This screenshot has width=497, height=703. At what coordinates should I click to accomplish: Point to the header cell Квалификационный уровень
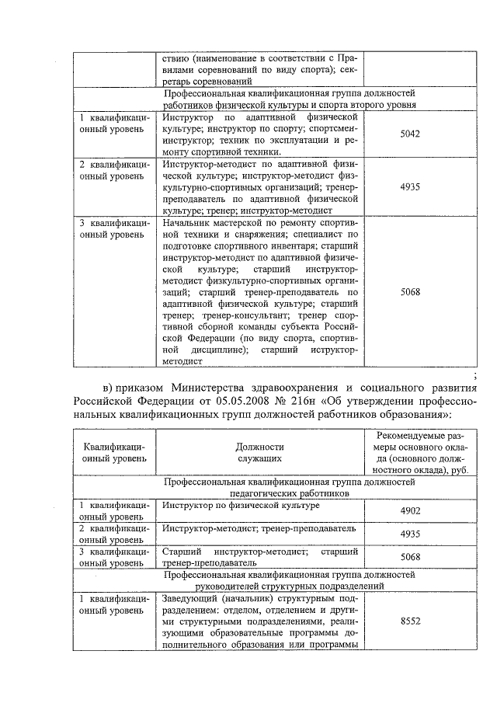click(x=114, y=453)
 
